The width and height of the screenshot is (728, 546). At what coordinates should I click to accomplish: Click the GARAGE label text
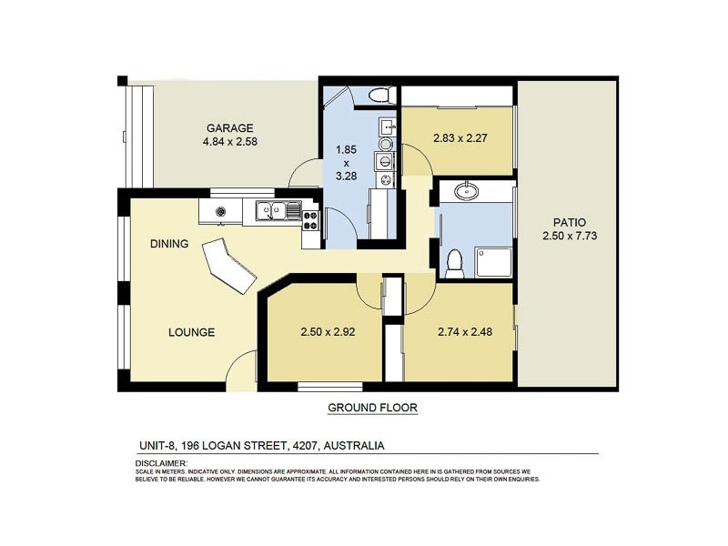[x=229, y=128]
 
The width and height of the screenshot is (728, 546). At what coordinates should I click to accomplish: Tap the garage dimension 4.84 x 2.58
[x=229, y=142]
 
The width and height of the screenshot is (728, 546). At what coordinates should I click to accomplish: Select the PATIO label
[x=569, y=222]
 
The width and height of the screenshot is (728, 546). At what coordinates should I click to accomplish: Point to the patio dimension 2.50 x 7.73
[x=569, y=237]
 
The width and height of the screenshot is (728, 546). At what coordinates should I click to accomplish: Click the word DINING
[x=169, y=244]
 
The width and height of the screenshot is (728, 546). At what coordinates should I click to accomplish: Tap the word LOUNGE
[x=191, y=332]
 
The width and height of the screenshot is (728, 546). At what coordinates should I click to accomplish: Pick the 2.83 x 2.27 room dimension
[x=457, y=141]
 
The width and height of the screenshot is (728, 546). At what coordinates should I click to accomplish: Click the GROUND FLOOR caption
[x=372, y=408]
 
